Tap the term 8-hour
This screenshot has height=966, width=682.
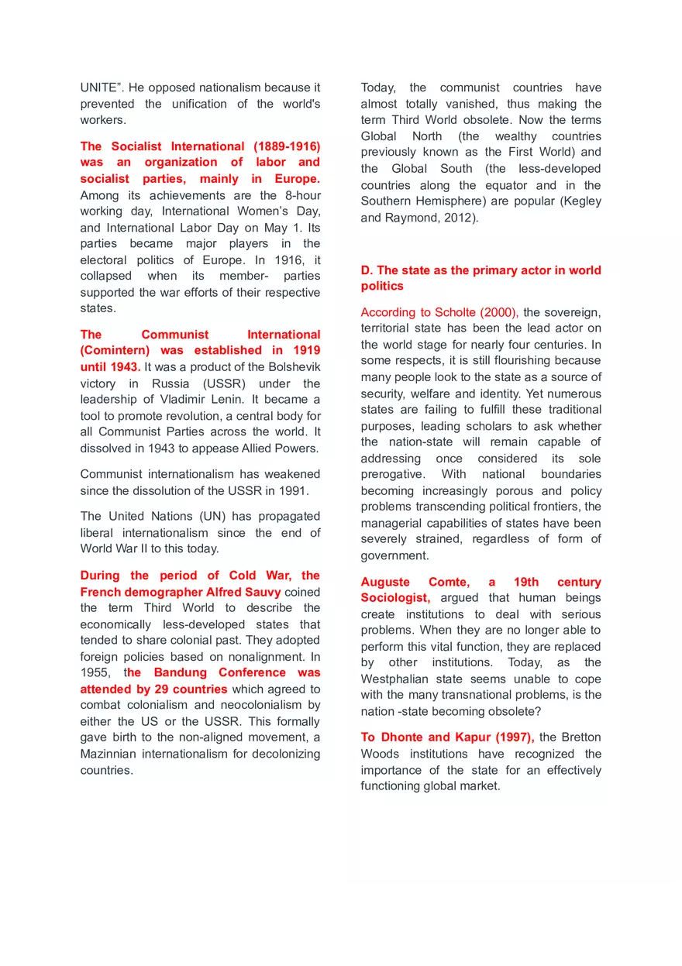(301, 195)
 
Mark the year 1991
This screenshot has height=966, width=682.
(292, 490)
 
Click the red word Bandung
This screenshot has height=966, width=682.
(180, 673)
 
